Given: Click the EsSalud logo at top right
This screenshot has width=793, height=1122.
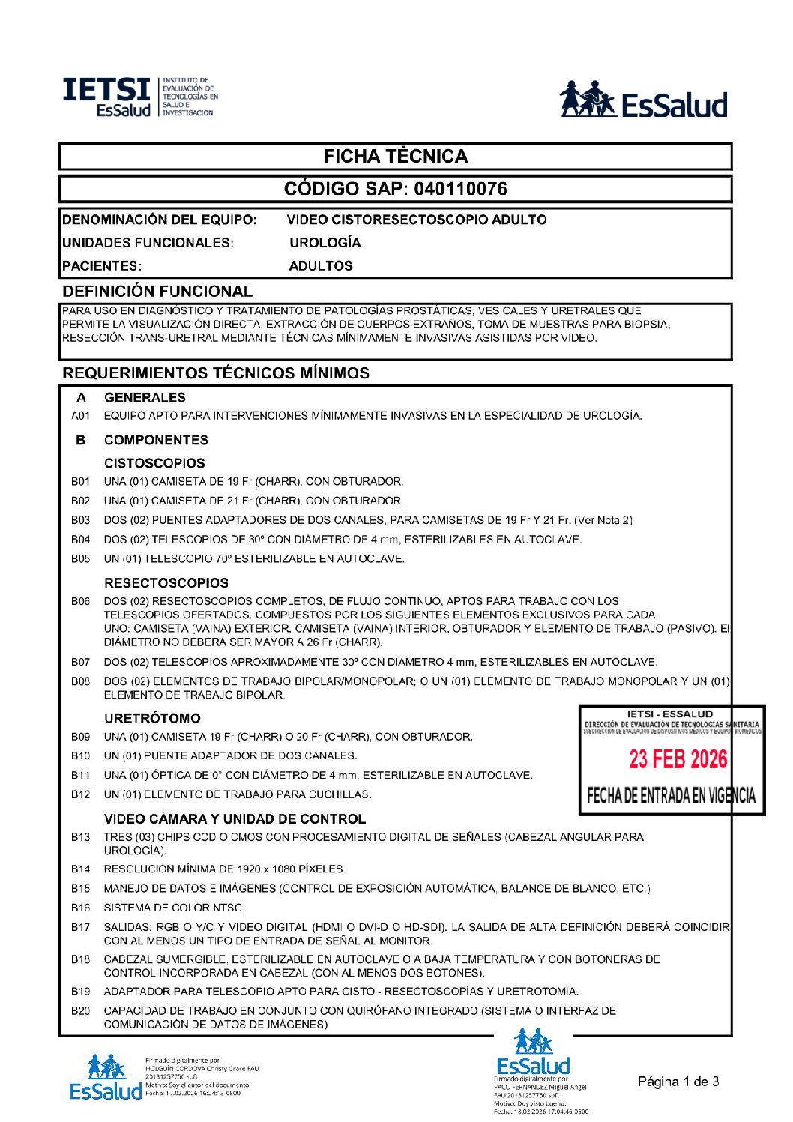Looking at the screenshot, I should click(x=644, y=100).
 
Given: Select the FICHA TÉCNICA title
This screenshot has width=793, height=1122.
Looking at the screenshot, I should click(x=396, y=157).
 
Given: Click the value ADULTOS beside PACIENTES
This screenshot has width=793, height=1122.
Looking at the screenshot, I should click(x=320, y=266).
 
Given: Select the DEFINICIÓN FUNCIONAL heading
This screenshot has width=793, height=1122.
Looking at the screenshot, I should click(x=157, y=292).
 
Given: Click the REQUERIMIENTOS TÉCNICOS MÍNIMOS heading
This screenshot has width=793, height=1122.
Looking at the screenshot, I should click(x=216, y=373).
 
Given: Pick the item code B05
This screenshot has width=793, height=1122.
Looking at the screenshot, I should click(x=80, y=559).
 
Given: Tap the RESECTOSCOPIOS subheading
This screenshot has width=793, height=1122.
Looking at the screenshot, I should click(x=166, y=583).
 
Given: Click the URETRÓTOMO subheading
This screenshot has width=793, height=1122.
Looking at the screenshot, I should click(x=152, y=719).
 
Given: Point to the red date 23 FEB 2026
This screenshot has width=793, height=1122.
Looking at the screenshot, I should click(x=678, y=759).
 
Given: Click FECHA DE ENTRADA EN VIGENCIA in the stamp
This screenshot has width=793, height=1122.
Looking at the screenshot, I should click(x=671, y=796).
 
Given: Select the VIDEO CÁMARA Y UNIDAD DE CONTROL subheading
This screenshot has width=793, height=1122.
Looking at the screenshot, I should click(x=235, y=819).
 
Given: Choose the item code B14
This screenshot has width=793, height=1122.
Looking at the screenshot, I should click(x=80, y=869).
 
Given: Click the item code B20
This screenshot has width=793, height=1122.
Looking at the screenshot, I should click(x=80, y=1011).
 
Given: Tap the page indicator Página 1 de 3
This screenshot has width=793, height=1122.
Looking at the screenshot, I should click(x=678, y=1082).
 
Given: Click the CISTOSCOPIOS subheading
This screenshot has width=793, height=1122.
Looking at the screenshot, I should click(x=154, y=464).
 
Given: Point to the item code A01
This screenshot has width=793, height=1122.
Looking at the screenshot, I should click(x=80, y=416).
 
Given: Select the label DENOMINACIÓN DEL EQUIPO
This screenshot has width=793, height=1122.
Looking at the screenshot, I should click(x=160, y=220).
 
